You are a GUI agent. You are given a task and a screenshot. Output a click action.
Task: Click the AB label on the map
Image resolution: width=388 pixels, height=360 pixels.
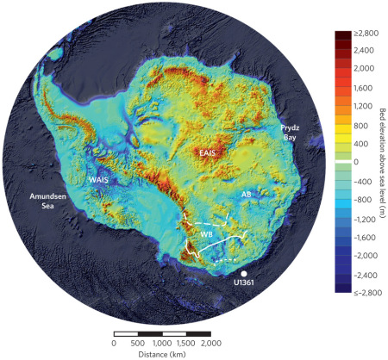tap(246, 195)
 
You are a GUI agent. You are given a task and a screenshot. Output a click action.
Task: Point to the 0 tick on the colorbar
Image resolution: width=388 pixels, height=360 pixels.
tap(357, 160)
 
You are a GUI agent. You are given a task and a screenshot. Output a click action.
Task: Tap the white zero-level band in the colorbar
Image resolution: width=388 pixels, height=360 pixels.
tap(343, 160)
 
